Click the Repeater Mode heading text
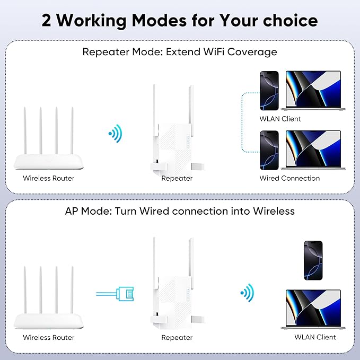pyautogui.click(x=180, y=52)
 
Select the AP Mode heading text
pyautogui.click(x=180, y=211)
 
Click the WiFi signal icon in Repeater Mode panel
pyautogui.click(x=114, y=133)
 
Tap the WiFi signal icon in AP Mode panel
pyautogui.click(x=246, y=292)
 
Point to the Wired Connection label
pyautogui.click(x=289, y=178)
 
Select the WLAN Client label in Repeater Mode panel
pyautogui.click(x=280, y=119)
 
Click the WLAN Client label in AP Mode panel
pyautogui.click(x=315, y=337)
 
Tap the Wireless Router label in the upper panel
pyautogui.click(x=49, y=178)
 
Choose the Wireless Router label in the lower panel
pyautogui.click(x=49, y=337)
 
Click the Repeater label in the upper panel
pyautogui.click(x=177, y=178)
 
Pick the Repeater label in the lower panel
pyautogui.click(x=177, y=337)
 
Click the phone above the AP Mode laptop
pyautogui.click(x=313, y=260)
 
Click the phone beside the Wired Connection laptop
pyautogui.click(x=268, y=150)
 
